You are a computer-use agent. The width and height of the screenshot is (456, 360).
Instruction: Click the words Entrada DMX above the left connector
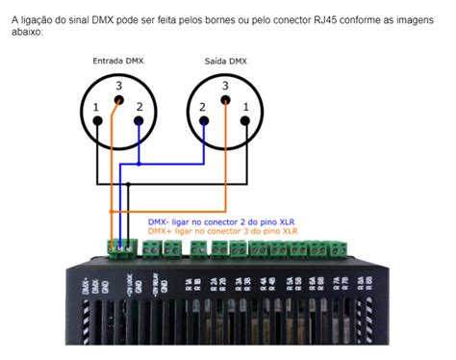116,61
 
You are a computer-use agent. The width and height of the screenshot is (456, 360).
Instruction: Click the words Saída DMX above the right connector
225,61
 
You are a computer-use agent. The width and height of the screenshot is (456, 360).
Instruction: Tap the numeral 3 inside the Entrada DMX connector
118,87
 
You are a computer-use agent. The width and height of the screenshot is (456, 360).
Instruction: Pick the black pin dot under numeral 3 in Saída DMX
225,103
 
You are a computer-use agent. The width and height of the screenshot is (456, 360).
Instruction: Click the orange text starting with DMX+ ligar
223,231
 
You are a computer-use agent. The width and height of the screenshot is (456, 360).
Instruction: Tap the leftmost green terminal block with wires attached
119,247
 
